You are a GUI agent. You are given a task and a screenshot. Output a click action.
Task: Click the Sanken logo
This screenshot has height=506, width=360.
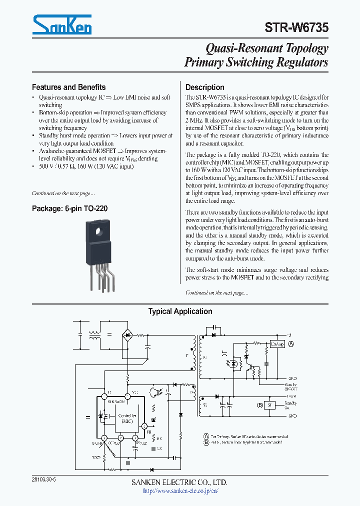(x=62, y=24)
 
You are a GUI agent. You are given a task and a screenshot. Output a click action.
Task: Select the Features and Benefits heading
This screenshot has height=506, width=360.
(x=68, y=87)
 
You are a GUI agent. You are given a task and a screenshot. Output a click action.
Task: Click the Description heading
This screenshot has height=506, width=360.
(x=204, y=87)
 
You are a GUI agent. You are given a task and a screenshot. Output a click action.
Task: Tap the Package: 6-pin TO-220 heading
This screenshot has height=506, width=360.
(x=69, y=208)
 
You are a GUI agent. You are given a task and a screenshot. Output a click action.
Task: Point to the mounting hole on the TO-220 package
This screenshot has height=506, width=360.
(x=99, y=231)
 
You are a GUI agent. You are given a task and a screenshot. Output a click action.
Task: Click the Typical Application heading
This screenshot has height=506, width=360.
(x=180, y=311)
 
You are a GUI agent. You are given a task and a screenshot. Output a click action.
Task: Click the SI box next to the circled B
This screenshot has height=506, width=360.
(x=269, y=404)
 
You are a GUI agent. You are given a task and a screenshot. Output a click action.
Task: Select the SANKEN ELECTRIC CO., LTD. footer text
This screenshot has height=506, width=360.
(x=180, y=482)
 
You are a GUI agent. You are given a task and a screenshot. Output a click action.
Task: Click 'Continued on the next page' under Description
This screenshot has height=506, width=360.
(x=216, y=292)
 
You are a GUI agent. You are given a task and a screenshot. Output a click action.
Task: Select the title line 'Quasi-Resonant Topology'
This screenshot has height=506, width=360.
(x=267, y=48)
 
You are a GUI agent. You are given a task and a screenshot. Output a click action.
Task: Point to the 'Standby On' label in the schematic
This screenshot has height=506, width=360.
(x=290, y=405)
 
